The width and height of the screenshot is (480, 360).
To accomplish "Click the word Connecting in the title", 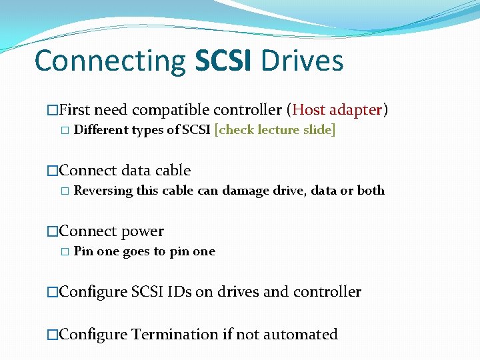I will [110, 61].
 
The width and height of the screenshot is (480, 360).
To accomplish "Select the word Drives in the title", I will [303, 61].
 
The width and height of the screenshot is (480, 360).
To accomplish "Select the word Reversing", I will [103, 191].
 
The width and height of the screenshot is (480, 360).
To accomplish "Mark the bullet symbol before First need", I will [53, 110].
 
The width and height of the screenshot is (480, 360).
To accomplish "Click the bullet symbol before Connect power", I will [53, 232].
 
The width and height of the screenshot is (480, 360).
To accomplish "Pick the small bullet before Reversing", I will [65, 191].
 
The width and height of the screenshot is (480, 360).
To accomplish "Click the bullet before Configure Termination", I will [53, 335].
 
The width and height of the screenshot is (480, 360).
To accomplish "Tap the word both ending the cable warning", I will [371, 191].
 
